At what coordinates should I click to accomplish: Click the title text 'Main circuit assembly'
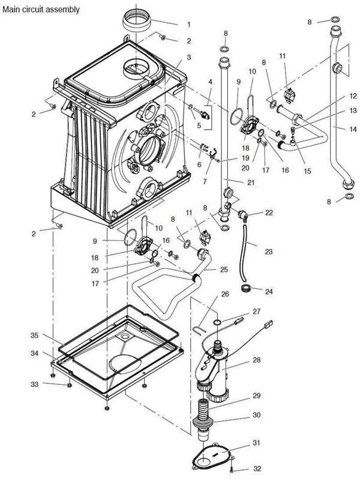point(40,10)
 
